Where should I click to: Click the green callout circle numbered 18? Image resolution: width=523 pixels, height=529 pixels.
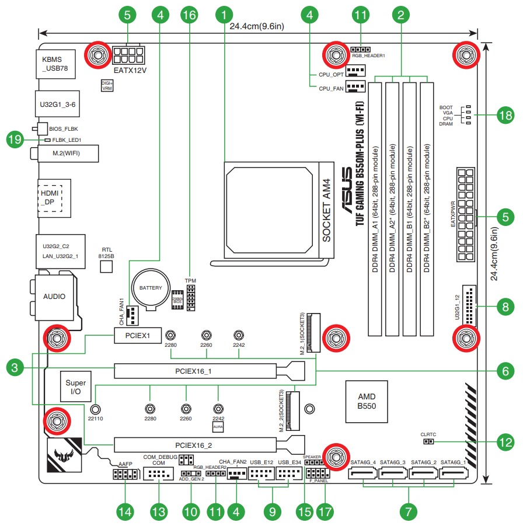click(x=505, y=116)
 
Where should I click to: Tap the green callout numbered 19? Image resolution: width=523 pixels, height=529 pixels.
click(x=15, y=140)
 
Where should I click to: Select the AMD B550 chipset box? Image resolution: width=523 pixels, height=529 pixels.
click(x=367, y=402)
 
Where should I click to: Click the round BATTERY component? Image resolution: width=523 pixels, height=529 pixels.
click(x=150, y=288)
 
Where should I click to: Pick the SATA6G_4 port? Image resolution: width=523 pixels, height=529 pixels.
click(x=364, y=472)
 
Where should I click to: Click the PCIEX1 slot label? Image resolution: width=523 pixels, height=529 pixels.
click(x=137, y=336)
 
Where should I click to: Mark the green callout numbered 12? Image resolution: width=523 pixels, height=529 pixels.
click(x=505, y=443)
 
